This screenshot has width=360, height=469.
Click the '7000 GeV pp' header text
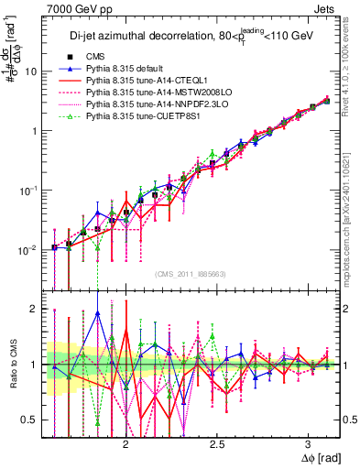pos(38,8)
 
